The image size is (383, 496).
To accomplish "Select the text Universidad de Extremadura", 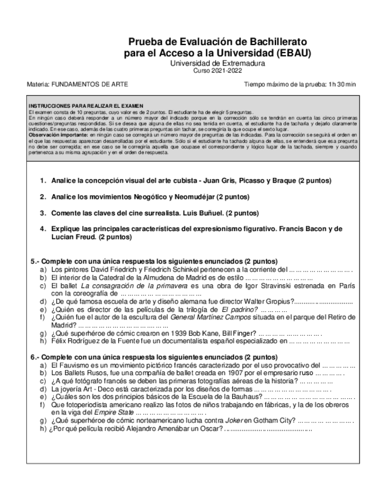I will (217, 63).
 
